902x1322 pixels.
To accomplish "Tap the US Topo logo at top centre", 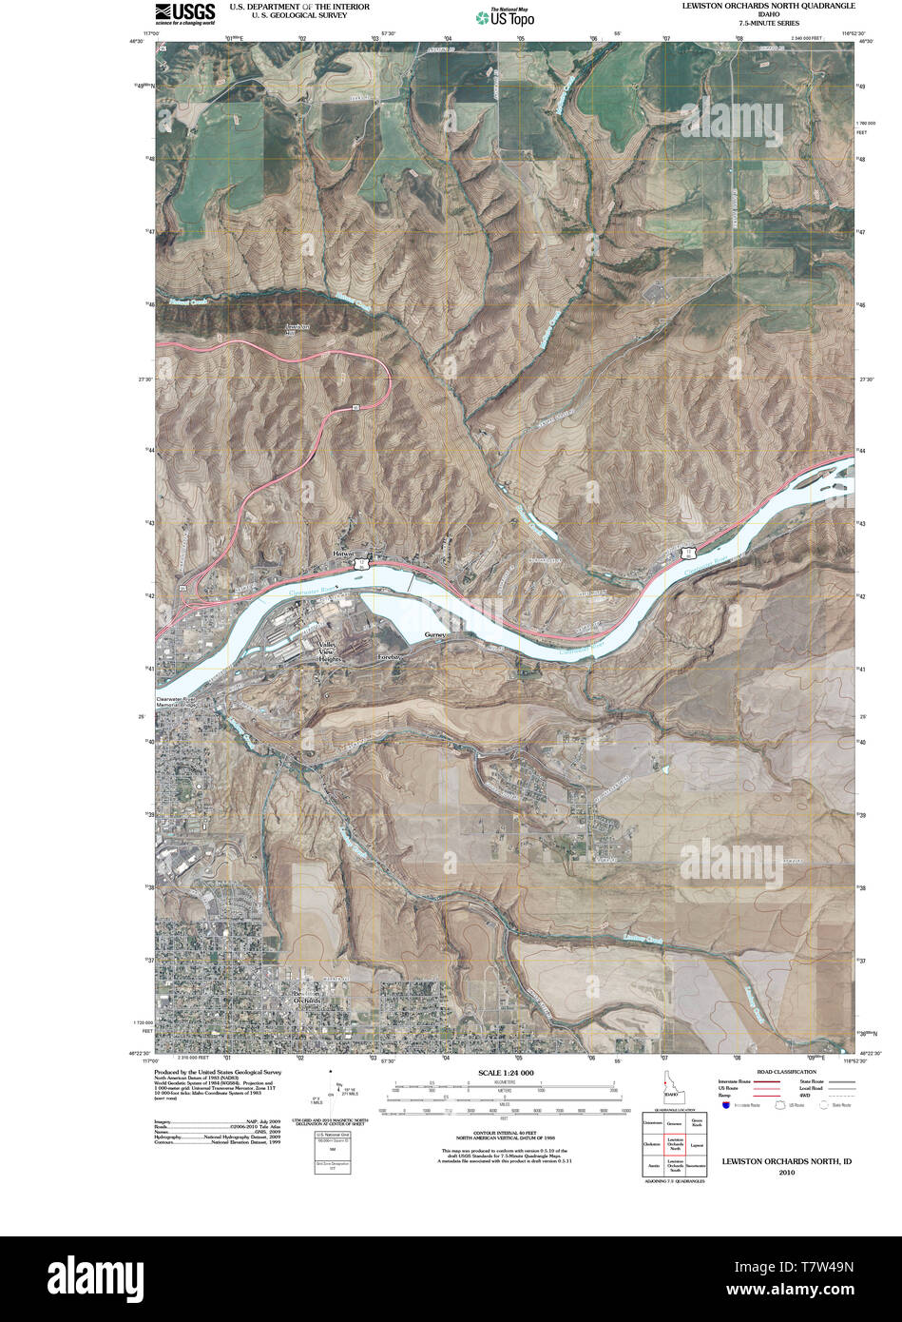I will coord(505,15).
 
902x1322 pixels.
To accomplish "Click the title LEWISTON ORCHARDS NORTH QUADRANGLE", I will coord(768,6).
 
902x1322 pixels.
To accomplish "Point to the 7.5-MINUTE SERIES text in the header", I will coord(768,23).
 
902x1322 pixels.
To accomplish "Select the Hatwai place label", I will coord(343,554).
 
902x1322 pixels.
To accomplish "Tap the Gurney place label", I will coord(435,634).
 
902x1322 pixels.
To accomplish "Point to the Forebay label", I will coord(391,657).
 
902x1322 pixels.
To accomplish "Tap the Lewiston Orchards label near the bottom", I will coord(307,998).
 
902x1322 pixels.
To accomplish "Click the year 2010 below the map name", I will coord(786,1172).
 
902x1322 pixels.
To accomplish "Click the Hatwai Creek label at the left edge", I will coord(188,302).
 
